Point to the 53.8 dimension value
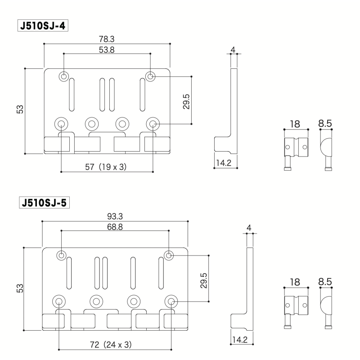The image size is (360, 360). [x=107, y=49]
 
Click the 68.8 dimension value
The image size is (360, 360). [x=114, y=227]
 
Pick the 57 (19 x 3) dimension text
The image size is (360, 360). [x=107, y=166]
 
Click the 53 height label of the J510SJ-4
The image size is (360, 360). [x=20, y=109]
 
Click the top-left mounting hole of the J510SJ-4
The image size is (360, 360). [x=64, y=77]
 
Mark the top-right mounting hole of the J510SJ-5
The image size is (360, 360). [x=169, y=256]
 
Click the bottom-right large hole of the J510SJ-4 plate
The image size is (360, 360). [x=153, y=123]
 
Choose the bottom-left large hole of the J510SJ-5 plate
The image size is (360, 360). [x=58, y=301]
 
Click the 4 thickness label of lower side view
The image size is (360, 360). [x=249, y=228]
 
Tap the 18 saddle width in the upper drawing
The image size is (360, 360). [x=295, y=124]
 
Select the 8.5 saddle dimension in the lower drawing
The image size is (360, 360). [x=325, y=282]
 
